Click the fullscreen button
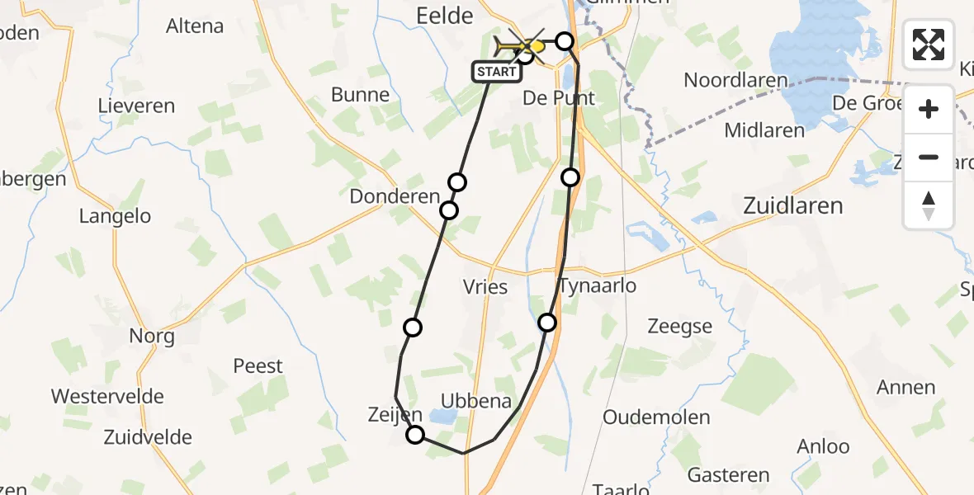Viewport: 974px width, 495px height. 929,45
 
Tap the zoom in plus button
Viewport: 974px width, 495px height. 929,109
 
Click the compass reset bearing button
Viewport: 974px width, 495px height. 929,205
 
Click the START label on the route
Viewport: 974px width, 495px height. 496,72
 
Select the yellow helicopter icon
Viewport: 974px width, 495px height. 519,45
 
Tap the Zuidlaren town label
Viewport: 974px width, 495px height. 792,205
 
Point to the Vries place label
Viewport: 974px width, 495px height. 485,287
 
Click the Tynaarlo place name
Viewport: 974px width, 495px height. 598,285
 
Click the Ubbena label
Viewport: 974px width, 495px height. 476,401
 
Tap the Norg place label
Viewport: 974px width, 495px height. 152,336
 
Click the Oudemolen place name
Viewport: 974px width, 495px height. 656,417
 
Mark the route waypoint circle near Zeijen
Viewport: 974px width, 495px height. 415,435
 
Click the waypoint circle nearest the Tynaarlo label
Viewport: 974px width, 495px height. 547,322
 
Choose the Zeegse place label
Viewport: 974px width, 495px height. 679,327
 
